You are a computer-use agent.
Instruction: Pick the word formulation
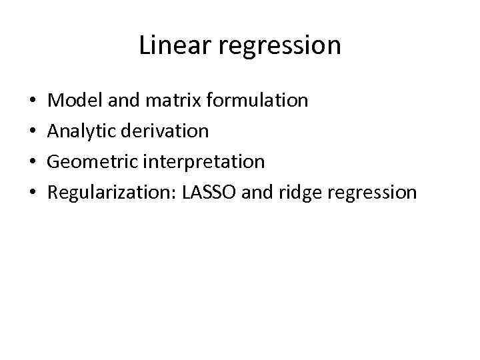point(257,101)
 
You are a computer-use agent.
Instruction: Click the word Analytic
point(81,131)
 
